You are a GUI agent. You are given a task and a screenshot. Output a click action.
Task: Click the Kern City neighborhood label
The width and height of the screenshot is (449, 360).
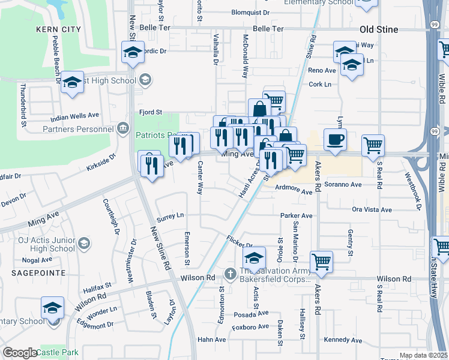tap(58, 29)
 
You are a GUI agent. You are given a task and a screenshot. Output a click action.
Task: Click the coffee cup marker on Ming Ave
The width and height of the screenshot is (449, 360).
tap(335, 139)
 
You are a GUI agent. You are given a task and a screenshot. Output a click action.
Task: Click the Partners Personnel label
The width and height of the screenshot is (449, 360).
tap(78, 128)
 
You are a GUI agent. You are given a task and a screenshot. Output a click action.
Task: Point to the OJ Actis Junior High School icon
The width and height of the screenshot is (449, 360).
tap(84, 243)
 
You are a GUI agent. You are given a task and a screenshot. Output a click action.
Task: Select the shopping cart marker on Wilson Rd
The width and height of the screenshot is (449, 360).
tap(322, 262)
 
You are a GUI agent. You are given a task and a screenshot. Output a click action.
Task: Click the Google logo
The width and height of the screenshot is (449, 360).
tap(20, 352)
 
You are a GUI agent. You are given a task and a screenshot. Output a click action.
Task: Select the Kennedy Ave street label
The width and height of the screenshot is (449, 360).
tap(343, 340)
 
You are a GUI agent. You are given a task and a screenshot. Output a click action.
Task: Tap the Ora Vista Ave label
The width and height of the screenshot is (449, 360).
tap(372, 209)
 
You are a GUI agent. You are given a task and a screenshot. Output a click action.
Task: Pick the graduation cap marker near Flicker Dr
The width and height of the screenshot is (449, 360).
tap(254, 258)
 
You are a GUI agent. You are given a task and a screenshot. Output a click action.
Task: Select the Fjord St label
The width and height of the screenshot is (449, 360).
tap(151, 112)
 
